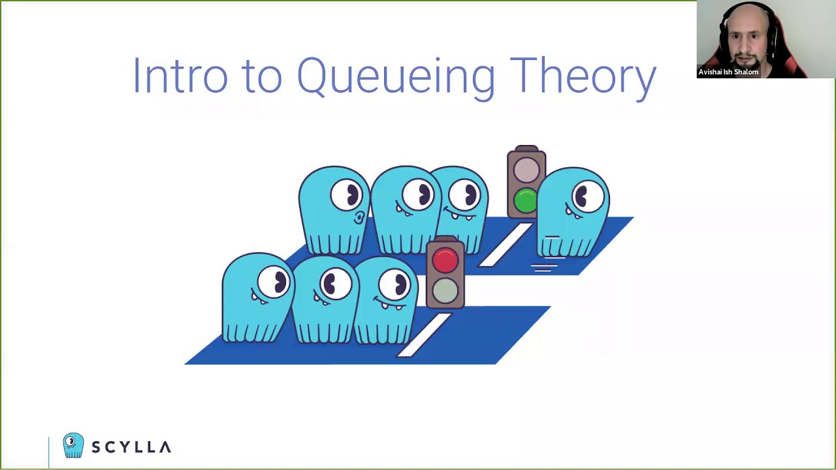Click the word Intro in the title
click(180, 76)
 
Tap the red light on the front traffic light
click(445, 260)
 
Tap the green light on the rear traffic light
click(525, 201)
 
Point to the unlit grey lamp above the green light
click(526, 171)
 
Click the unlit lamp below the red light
click(445, 290)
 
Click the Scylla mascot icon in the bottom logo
click(73, 445)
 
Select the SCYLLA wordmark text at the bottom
click(131, 447)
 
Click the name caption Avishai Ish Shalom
click(728, 72)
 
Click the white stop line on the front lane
click(425, 335)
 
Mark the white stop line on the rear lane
click(506, 245)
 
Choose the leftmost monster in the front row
click(257, 297)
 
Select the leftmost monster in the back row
click(333, 209)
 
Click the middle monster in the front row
click(325, 300)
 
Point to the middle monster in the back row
click(405, 209)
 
